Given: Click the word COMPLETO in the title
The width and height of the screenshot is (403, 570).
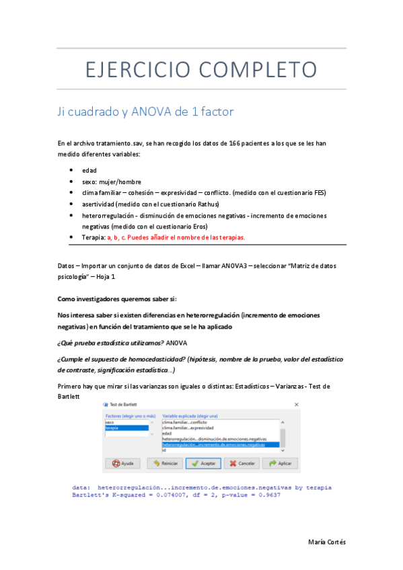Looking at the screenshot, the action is [264, 69].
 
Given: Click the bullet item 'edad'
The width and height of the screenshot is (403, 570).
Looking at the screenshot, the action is [89, 170].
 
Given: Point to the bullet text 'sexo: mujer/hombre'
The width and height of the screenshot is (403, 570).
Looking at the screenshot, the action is [112, 181].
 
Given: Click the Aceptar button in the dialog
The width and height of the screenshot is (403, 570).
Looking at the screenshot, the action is [203, 463].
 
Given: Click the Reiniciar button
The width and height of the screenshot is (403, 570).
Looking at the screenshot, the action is [163, 463].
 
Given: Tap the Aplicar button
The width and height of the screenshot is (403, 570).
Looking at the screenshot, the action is [280, 463].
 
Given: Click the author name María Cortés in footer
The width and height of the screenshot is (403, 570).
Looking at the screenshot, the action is [326, 542].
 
